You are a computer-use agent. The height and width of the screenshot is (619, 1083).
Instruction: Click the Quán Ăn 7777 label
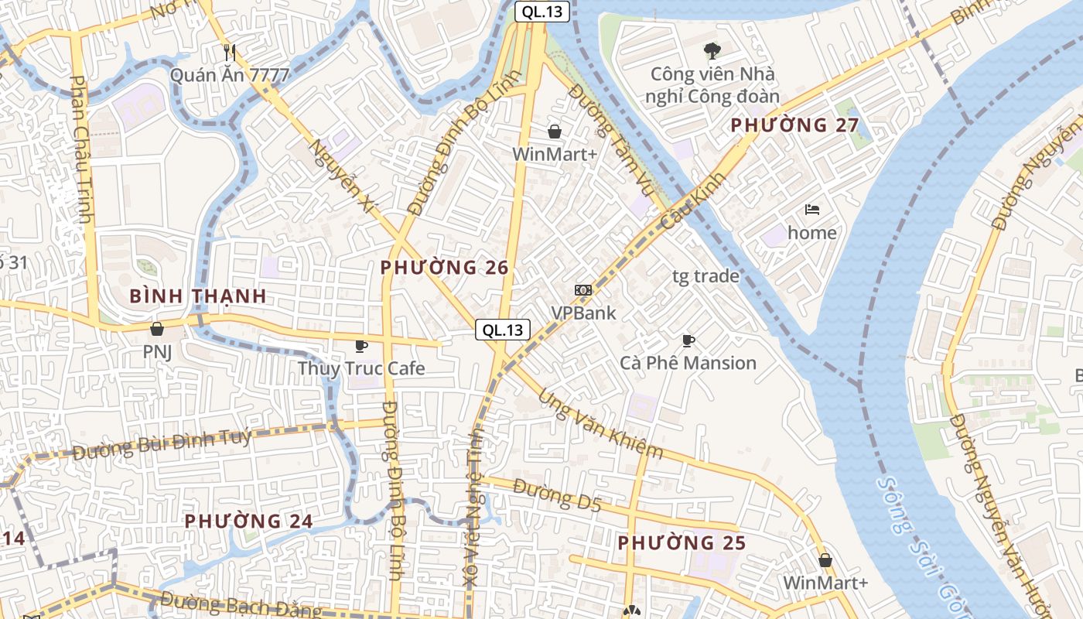tap(230, 75)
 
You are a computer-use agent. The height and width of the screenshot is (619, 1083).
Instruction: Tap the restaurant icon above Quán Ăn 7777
tap(229, 52)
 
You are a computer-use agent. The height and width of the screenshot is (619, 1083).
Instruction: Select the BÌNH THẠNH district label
tap(198, 296)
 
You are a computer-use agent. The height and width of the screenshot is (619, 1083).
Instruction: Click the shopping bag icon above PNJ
tap(157, 330)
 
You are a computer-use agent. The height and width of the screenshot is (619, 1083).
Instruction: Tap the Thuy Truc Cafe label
tap(361, 368)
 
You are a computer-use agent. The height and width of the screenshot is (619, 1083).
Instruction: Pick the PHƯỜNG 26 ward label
tap(444, 268)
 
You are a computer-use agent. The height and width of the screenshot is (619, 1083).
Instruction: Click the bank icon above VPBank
tap(582, 290)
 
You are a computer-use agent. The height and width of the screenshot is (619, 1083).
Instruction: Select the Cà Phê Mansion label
tap(688, 363)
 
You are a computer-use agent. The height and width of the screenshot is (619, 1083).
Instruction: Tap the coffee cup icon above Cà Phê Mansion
tap(688, 340)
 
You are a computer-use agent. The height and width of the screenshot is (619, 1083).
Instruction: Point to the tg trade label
tap(705, 276)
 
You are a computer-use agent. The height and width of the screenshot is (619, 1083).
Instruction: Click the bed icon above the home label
tap(811, 210)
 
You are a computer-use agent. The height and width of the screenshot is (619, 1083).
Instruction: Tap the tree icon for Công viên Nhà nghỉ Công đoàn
tap(712, 51)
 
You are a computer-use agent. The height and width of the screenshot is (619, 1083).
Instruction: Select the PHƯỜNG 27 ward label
tap(795, 125)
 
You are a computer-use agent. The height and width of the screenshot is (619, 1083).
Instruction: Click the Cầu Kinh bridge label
tap(694, 200)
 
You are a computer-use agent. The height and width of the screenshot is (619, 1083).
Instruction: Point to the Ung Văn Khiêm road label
tap(601, 423)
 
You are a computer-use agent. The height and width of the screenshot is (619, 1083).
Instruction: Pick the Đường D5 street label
tap(556, 495)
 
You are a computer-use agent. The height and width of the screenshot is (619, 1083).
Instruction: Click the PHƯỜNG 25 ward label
tap(682, 543)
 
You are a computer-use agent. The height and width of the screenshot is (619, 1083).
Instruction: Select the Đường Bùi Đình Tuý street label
tap(162, 444)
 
